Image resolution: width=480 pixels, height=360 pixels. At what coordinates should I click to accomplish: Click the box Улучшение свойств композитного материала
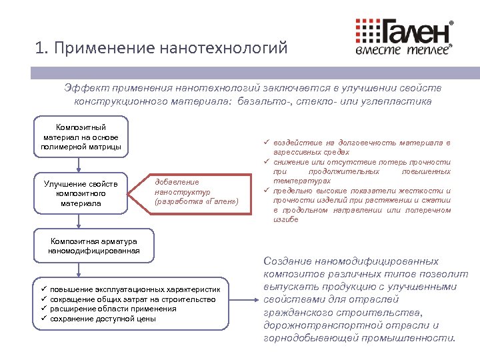coord(81,193)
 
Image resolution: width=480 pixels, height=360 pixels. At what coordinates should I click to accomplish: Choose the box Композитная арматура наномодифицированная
coord(93,246)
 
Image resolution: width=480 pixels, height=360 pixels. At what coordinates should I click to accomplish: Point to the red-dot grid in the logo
coord(365,30)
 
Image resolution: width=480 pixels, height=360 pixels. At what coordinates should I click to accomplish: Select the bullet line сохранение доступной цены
coord(103,319)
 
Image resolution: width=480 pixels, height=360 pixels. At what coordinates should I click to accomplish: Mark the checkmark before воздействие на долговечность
coord(266,143)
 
